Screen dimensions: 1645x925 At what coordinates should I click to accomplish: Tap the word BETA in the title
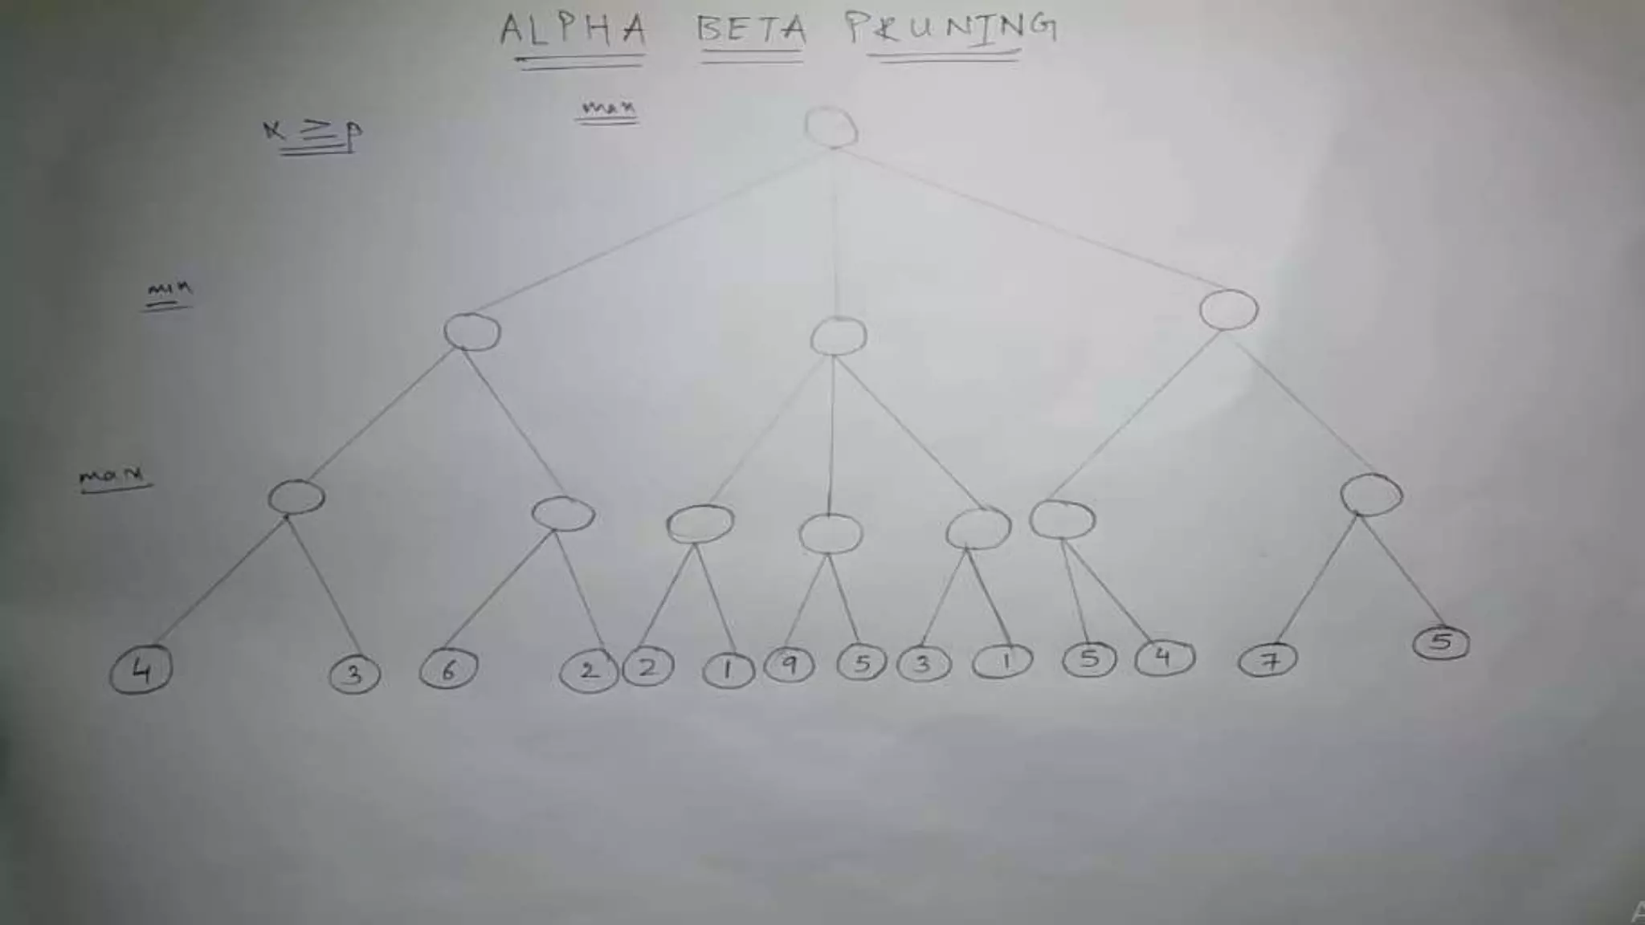(x=752, y=30)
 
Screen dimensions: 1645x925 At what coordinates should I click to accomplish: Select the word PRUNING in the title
(x=951, y=28)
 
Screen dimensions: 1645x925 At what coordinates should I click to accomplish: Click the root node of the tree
(x=831, y=128)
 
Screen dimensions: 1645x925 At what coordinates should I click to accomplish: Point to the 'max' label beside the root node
(x=608, y=108)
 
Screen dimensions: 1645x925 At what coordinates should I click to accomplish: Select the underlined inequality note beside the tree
(x=313, y=132)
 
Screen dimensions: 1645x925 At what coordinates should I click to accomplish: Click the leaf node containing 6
(x=448, y=669)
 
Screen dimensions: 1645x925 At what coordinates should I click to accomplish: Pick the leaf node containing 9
(x=790, y=665)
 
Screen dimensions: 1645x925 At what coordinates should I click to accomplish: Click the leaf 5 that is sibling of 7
(x=1441, y=642)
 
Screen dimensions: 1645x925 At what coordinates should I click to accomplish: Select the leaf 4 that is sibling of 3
(x=141, y=670)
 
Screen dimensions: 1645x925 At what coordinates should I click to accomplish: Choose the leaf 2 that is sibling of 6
(x=589, y=670)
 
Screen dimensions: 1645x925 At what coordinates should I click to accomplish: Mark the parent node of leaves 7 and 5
(x=1371, y=495)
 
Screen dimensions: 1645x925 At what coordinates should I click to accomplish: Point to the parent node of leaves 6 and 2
(x=563, y=514)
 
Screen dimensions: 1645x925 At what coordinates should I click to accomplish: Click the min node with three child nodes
(x=838, y=336)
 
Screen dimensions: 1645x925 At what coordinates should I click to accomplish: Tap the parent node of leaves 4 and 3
(x=296, y=497)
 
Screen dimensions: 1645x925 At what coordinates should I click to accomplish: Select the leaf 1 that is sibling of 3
(x=1002, y=662)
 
